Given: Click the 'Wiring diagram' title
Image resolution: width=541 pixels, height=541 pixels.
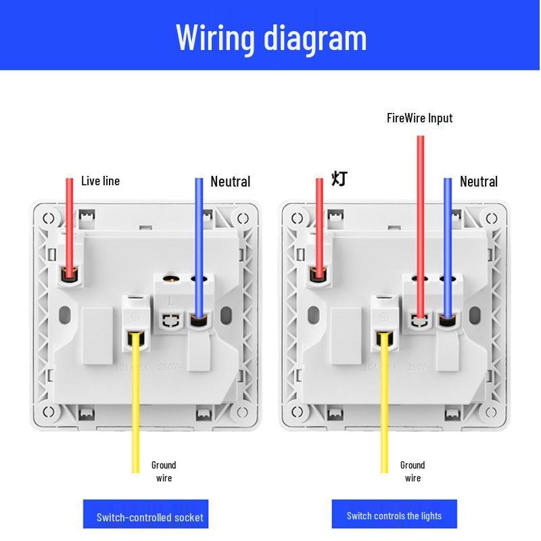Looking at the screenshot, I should click(x=271, y=37).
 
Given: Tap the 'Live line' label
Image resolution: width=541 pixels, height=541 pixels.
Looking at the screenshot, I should click(x=100, y=181).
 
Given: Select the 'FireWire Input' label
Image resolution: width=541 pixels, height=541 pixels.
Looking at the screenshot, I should click(x=419, y=118).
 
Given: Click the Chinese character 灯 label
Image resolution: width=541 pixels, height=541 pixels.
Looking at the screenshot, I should click(x=339, y=179).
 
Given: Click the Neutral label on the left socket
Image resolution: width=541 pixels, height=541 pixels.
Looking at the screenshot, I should click(x=230, y=181).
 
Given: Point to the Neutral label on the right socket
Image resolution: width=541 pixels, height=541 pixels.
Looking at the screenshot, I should click(x=478, y=181).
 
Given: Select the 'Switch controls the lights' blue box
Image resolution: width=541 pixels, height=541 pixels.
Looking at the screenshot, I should click(x=394, y=515).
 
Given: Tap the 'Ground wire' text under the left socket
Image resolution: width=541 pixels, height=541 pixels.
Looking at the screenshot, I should click(x=163, y=471).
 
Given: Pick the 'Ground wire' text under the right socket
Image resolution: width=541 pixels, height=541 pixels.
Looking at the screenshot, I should click(x=413, y=471).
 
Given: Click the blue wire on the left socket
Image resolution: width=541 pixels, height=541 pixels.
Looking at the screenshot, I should click(x=199, y=243).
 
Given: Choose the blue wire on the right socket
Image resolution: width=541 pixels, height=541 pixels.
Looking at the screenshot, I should click(x=448, y=243).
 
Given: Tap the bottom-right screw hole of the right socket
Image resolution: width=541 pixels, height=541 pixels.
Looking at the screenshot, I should click(x=492, y=413).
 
